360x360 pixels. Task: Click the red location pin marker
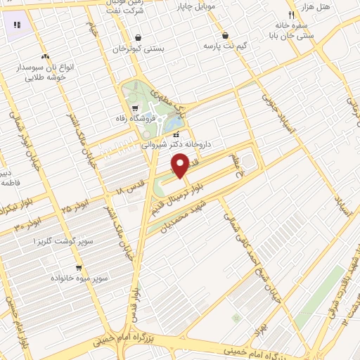pyautogui.click(x=181, y=165)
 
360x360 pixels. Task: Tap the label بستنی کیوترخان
pyautogui.click(x=139, y=50)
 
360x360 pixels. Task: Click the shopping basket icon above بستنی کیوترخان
pyautogui.click(x=139, y=38)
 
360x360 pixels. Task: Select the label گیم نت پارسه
pyautogui.click(x=225, y=46)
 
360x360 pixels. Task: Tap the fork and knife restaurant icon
pyautogui.click(x=291, y=15)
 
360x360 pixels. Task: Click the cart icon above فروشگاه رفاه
pyautogui.click(x=135, y=108)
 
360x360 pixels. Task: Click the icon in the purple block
pyautogui.click(x=17, y=25)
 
